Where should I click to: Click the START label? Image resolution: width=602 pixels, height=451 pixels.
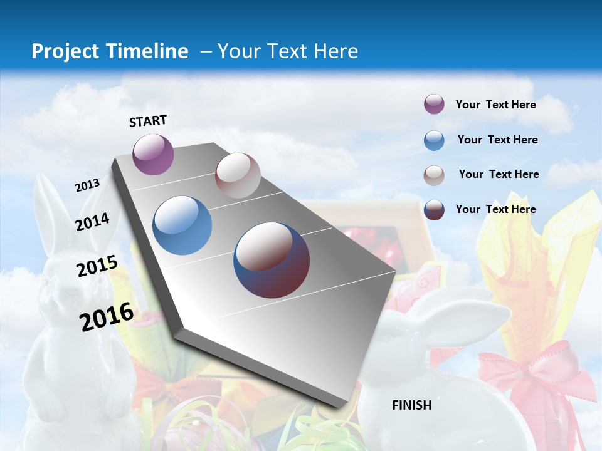(148, 121)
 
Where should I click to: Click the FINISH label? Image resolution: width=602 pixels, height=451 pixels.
(412, 405)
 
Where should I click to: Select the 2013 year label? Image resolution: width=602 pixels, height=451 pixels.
(88, 185)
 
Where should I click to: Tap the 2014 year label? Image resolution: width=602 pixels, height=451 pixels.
(93, 222)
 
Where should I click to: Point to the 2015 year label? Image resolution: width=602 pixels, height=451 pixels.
(97, 266)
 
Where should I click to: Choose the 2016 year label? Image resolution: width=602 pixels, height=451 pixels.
(107, 316)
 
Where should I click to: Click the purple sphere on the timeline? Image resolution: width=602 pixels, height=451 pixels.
(154, 154)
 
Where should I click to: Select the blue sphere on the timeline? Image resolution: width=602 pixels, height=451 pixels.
(182, 225)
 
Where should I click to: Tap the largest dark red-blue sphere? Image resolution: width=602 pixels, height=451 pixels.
(272, 260)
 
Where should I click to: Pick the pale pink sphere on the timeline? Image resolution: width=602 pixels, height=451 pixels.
(238, 175)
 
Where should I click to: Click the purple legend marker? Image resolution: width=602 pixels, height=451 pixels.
(434, 105)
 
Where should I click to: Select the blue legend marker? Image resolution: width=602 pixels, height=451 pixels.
(434, 140)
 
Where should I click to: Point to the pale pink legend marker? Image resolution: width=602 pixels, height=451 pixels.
(434, 175)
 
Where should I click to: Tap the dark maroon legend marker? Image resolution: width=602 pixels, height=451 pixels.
(434, 210)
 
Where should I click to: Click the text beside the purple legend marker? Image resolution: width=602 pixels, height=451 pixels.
(495, 105)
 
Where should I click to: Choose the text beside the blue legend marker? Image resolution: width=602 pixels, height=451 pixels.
(497, 140)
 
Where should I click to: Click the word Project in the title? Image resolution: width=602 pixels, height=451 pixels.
(65, 51)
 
